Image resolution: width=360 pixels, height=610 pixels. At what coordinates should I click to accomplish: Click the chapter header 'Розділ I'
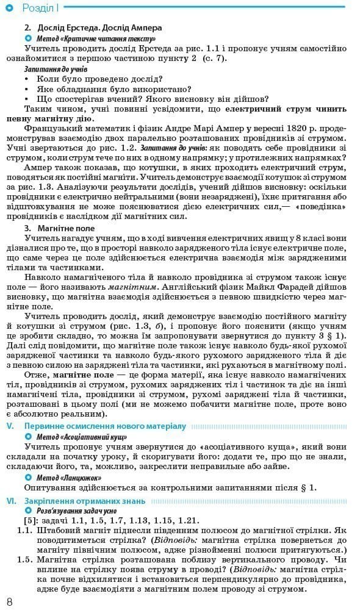pos(40,8)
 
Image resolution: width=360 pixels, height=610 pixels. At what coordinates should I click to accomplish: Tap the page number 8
pos(9,601)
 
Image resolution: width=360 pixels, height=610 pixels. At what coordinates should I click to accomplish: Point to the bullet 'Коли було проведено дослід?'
pos(99,79)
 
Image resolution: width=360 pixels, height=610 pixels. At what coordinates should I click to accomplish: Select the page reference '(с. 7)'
pos(214,58)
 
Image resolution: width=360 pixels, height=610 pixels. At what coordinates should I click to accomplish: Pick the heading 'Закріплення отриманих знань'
pos(85,501)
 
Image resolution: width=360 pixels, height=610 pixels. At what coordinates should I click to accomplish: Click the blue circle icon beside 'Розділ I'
pos(9,8)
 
